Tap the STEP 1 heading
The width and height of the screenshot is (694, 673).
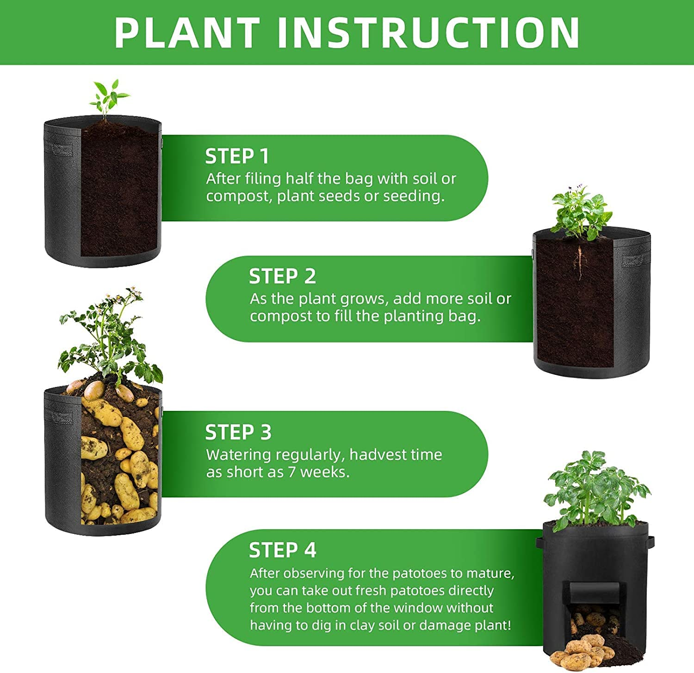[x=237, y=156]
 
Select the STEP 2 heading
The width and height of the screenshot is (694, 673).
[x=282, y=276]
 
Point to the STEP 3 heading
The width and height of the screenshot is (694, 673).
[x=238, y=432]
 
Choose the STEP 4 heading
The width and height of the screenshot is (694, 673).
[x=282, y=550]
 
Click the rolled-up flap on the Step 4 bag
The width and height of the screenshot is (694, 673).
[x=594, y=591]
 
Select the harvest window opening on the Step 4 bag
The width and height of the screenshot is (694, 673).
[x=594, y=619]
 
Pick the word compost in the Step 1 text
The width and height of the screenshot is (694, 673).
[x=237, y=196]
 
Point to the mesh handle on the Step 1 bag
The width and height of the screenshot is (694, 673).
[x=58, y=149]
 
